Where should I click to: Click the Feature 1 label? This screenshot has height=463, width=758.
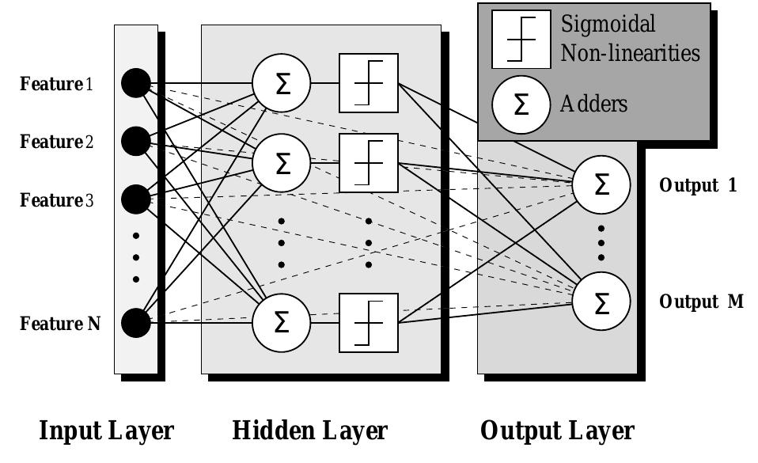[56, 84]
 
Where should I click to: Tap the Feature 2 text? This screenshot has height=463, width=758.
[56, 142]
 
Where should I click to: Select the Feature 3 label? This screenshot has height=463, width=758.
[56, 200]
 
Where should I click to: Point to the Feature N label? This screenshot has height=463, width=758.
[59, 323]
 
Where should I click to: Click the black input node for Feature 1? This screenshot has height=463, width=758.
[136, 83]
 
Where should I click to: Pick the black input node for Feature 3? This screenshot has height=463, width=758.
[136, 199]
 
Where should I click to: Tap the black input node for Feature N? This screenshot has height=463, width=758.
[136, 322]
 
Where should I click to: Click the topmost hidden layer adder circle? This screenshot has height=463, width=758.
[282, 83]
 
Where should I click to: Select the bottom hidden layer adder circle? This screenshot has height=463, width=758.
[282, 322]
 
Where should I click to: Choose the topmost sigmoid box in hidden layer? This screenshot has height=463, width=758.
[369, 83]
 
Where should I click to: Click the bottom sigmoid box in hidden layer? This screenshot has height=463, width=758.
[369, 322]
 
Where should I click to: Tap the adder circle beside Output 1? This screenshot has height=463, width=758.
[601, 185]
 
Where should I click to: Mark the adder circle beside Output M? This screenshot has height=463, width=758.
[601, 302]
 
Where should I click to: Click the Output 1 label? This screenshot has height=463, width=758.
[698, 186]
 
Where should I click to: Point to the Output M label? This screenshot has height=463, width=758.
[701, 302]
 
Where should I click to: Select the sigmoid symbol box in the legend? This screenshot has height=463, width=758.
[521, 38]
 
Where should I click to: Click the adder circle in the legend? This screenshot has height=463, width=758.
[521, 104]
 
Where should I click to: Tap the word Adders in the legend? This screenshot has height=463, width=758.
[593, 104]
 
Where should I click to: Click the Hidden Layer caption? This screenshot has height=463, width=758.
[309, 431]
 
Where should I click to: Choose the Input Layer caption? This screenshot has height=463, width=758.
[107, 431]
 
